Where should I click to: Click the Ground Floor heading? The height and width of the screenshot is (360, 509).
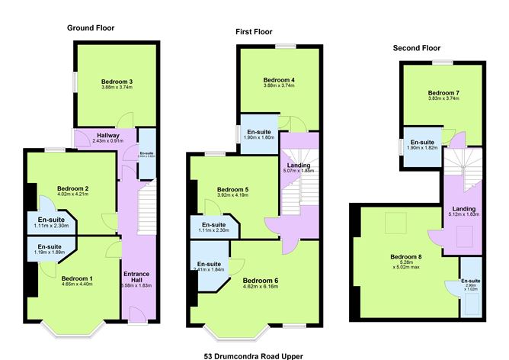click(x=91, y=28)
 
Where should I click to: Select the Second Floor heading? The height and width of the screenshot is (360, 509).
click(x=417, y=47)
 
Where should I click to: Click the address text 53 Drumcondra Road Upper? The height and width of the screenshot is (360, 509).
click(x=254, y=355)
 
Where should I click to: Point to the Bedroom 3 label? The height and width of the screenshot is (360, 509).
click(x=117, y=82)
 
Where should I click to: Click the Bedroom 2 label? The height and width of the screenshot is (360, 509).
click(x=73, y=188)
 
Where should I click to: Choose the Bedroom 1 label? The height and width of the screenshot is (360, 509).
click(x=76, y=278)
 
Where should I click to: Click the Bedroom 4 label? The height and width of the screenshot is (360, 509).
click(x=279, y=80)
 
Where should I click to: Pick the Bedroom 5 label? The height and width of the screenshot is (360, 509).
click(x=232, y=189)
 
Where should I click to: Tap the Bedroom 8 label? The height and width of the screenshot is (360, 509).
click(x=405, y=257)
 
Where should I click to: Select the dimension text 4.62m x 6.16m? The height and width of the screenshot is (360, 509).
click(x=261, y=288)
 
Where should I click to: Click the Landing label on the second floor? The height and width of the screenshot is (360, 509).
click(x=463, y=209)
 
